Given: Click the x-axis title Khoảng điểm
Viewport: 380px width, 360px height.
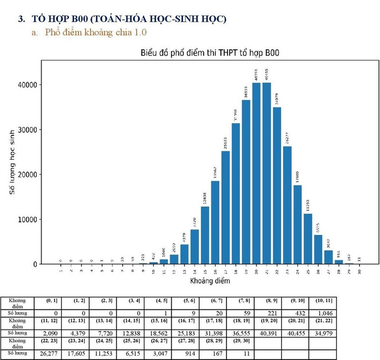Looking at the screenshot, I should (x=209, y=280).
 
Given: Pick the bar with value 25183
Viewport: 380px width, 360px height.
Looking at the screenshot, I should (x=225, y=208).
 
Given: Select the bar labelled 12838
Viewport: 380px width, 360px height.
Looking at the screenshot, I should (x=205, y=235).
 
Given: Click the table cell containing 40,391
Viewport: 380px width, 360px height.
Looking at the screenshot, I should (x=268, y=333).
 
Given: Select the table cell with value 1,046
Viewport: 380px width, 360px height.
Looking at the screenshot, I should (x=322, y=313).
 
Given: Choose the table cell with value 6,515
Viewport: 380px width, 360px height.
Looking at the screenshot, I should (x=130, y=353).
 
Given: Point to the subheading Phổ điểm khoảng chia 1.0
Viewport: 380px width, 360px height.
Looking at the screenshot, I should (x=96, y=32).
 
